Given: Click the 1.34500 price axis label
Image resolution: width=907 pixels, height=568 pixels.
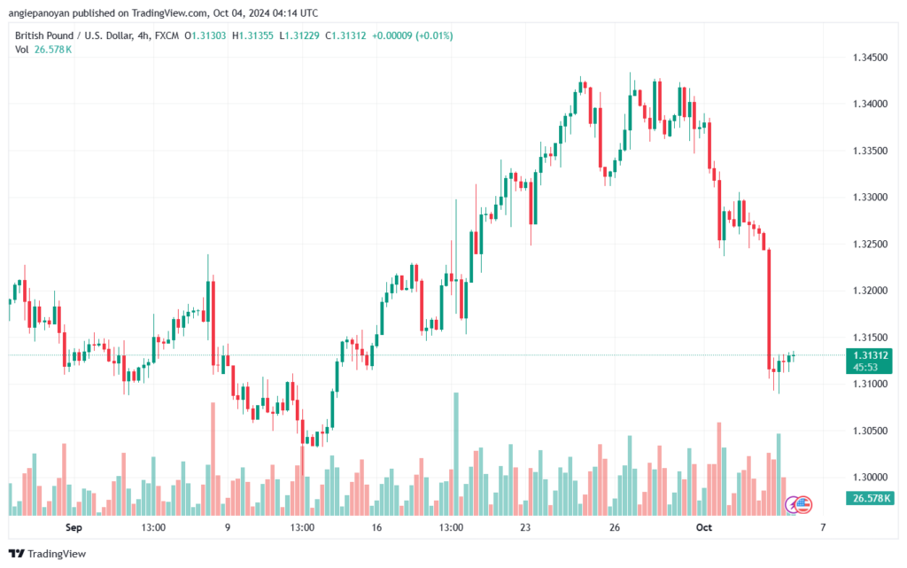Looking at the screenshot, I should [865, 57].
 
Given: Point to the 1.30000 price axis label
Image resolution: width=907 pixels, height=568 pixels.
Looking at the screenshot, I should [865, 477].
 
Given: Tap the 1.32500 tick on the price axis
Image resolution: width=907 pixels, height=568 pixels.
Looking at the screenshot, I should [865, 244].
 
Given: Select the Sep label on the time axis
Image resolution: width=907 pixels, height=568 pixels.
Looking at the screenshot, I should [74, 527].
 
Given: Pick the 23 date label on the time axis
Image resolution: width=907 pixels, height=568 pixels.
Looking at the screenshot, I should [525, 527].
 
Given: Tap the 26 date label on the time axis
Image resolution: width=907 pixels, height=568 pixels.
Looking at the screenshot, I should [614, 527].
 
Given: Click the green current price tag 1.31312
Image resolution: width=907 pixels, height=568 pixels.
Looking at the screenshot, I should [865, 354].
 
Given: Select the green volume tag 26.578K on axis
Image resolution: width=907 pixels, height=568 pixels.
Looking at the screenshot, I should [865, 498].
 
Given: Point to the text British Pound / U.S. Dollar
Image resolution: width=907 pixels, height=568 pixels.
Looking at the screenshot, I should [74, 35].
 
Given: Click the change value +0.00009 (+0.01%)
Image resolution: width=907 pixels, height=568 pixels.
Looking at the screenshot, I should [412, 35].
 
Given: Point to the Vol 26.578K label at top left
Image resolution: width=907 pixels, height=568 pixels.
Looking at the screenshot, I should [43, 50].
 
